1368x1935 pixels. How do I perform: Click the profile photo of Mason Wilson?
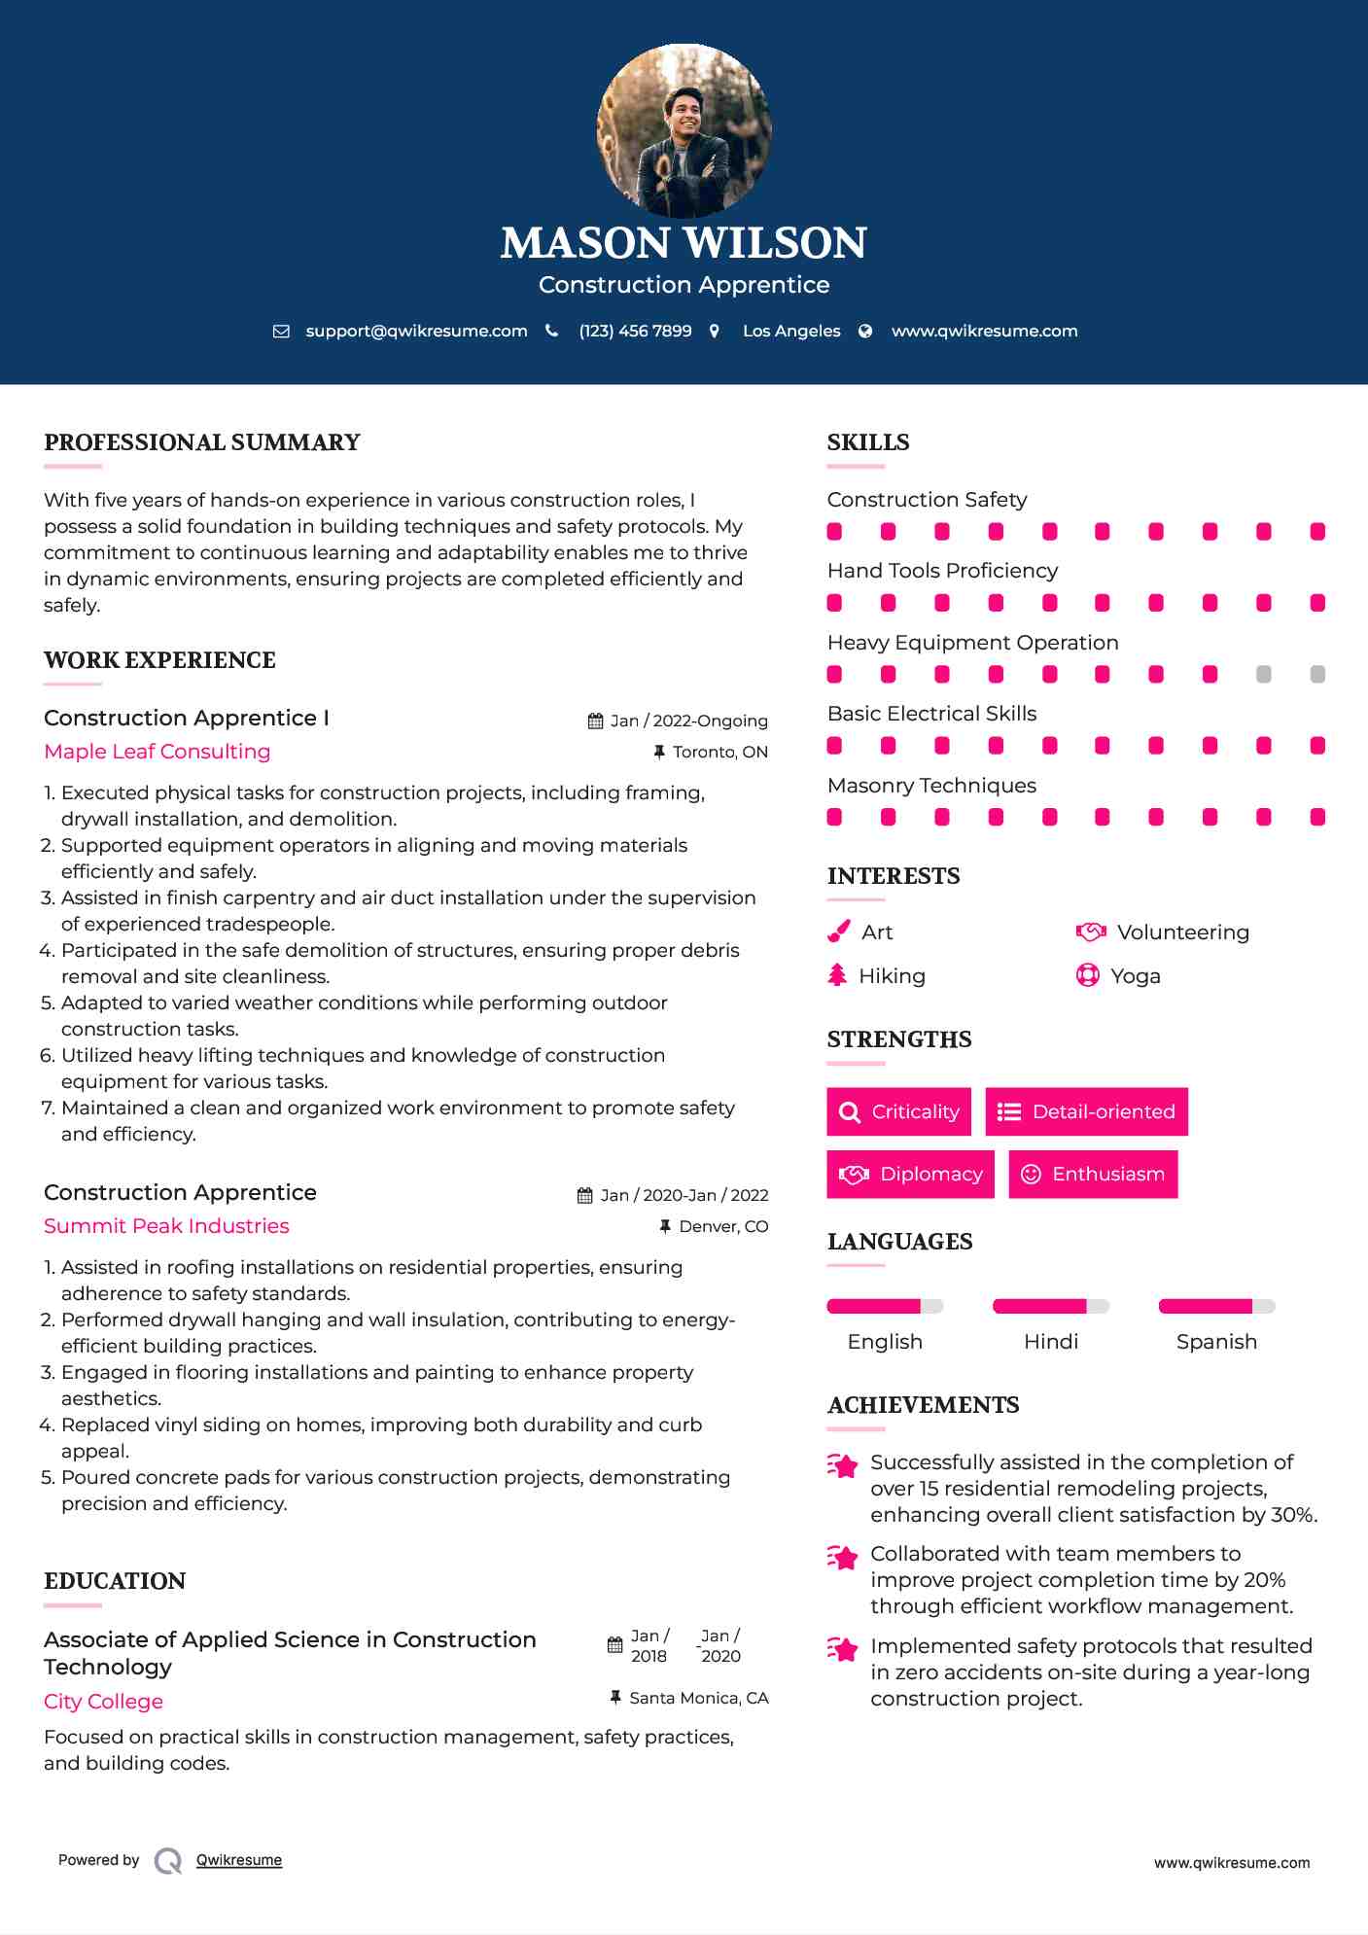click(x=684, y=130)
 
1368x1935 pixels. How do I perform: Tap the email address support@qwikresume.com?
click(x=416, y=331)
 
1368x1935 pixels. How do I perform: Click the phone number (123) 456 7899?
click(x=635, y=331)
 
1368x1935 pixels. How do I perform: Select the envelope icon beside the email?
click(x=281, y=331)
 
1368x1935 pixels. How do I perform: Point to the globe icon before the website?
click(x=865, y=331)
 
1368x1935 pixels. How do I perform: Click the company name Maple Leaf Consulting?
click(x=158, y=752)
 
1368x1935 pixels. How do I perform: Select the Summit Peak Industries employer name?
click(x=166, y=1226)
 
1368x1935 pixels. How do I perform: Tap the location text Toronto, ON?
click(x=719, y=752)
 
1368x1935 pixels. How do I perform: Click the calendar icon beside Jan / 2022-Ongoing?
click(x=595, y=721)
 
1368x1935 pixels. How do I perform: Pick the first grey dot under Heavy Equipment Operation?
click(x=1263, y=674)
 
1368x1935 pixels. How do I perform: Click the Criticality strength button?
click(x=898, y=1111)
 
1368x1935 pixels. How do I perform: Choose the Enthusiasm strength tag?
click(x=1093, y=1174)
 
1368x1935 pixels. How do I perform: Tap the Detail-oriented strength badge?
click(x=1086, y=1111)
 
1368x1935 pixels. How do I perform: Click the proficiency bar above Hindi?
click(x=1050, y=1306)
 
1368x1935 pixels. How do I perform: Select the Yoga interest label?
click(x=1136, y=975)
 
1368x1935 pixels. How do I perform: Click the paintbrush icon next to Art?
click(x=838, y=932)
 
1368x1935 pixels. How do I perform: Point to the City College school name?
click(x=103, y=1702)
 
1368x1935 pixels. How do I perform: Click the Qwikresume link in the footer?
click(x=239, y=1860)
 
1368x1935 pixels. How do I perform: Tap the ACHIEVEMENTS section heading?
click(x=923, y=1405)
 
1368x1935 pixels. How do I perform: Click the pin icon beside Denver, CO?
click(x=665, y=1226)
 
